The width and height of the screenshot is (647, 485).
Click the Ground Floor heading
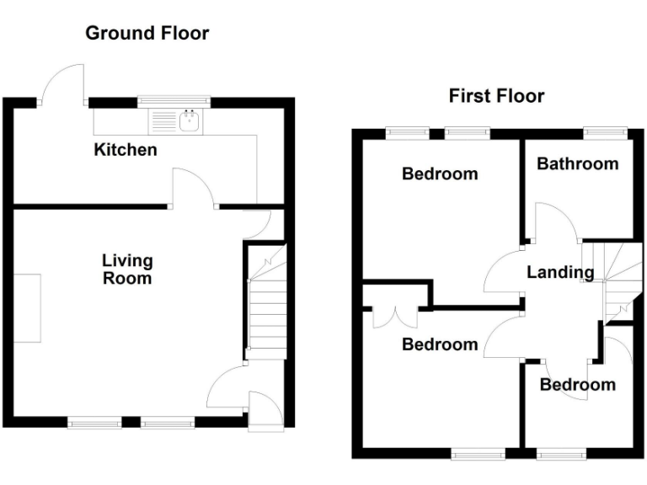coord(147,34)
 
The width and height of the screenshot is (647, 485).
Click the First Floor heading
coord(496,96)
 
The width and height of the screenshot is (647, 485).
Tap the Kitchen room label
coord(125,150)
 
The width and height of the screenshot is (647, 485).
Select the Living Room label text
coord(127,269)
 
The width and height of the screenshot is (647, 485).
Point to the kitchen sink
coord(190,123)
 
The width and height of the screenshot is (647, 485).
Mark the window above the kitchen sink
coord(175,101)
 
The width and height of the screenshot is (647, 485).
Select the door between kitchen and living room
coord(192,188)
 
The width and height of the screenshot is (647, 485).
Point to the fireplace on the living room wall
coord(28,307)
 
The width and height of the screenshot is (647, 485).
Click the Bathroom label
coord(577,163)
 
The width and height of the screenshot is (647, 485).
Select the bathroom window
coord(606,131)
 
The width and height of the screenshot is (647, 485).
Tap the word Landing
coord(560,272)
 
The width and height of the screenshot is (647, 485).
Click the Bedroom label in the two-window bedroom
coord(440,174)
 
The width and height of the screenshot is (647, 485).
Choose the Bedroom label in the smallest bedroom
coord(577,385)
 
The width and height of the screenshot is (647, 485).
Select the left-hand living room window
coord(94,423)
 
